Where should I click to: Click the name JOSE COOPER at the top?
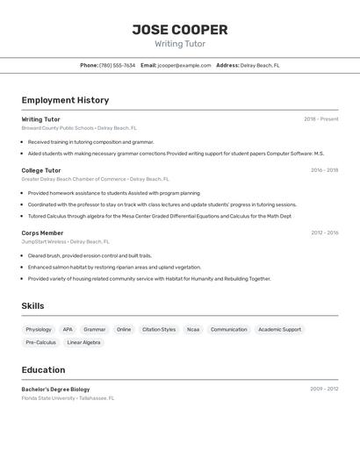(180, 30)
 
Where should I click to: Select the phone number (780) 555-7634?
(118, 65)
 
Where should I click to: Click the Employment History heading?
(65, 100)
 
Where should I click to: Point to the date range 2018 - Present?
(320, 118)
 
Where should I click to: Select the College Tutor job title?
(41, 170)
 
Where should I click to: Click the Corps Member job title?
(43, 232)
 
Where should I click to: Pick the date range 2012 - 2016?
(324, 232)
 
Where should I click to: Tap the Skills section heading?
(32, 306)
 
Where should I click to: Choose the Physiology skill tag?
(39, 330)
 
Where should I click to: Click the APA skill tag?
(68, 330)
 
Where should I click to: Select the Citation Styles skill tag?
(159, 330)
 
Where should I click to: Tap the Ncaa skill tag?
(193, 330)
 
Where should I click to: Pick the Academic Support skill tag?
(279, 330)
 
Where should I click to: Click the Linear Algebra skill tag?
(84, 342)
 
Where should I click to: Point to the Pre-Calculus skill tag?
(40, 342)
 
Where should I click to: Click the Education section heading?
(43, 369)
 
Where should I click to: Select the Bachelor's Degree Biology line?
(55, 389)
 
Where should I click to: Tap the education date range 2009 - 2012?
(324, 389)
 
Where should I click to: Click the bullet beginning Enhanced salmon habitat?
(114, 267)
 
